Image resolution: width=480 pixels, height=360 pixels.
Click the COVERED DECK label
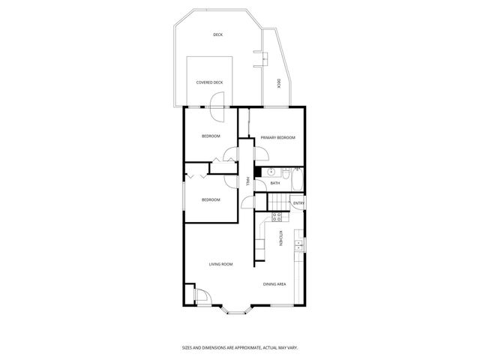click(209, 82)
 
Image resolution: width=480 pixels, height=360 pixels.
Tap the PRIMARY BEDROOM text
click(277, 138)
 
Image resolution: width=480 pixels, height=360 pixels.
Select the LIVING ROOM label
click(220, 264)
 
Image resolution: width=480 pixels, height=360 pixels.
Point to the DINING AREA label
click(274, 284)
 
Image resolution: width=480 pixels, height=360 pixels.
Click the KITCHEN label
click(281, 238)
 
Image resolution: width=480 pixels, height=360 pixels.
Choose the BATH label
click(275, 183)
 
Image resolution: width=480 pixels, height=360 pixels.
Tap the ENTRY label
click(298, 203)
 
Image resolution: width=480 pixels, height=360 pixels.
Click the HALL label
click(248, 181)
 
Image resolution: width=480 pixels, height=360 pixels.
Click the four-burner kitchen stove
click(276, 217)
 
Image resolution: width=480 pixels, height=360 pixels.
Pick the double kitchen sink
click(299, 242)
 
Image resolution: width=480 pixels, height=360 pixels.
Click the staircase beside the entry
click(279, 203)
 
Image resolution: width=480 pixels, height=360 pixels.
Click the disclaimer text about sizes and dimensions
click(240, 347)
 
